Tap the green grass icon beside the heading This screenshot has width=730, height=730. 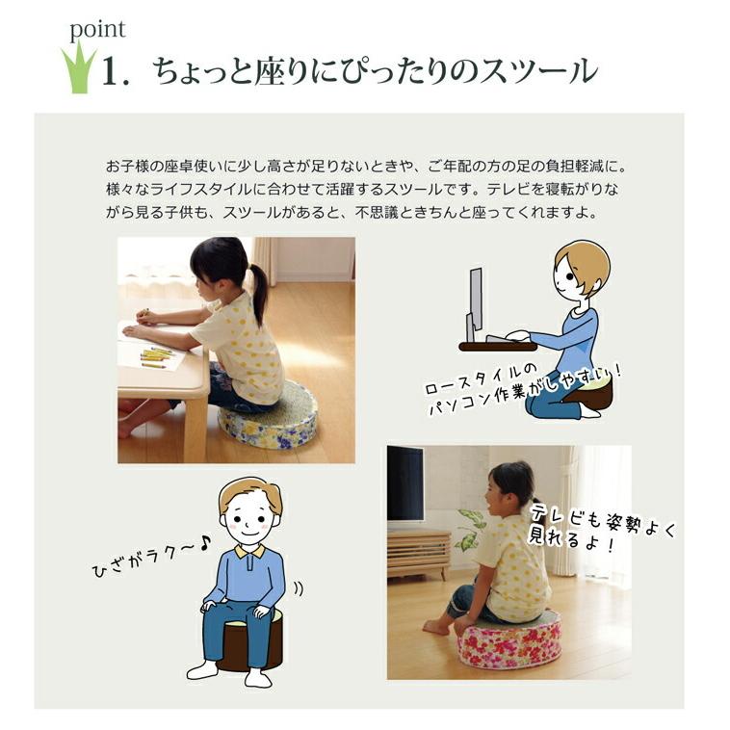pos(79,68)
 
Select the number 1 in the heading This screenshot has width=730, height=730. pos(116,73)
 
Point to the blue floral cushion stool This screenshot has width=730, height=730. pos(268,423)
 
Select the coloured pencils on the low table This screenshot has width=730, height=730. pos(154,359)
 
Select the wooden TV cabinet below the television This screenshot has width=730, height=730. pos(418,553)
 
